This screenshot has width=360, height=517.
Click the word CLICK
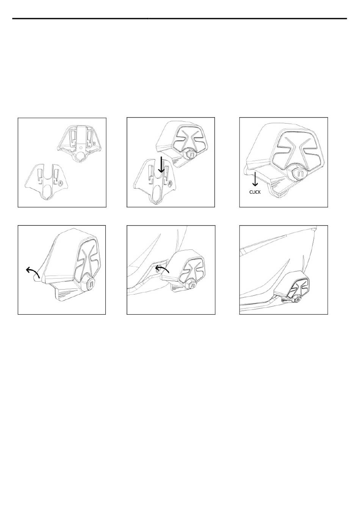255,192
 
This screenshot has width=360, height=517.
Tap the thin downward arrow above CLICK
255,179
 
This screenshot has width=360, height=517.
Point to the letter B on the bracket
94,144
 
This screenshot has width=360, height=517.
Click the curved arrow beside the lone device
33,272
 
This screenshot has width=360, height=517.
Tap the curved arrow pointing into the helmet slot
162,269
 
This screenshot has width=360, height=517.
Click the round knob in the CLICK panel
298,174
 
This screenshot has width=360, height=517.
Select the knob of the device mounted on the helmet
298,299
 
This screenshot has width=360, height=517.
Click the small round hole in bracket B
80,147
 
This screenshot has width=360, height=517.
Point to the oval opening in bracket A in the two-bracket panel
48,190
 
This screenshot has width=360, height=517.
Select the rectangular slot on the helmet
158,269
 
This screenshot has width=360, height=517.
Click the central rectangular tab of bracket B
81,135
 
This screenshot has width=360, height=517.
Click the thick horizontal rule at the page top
180,19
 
